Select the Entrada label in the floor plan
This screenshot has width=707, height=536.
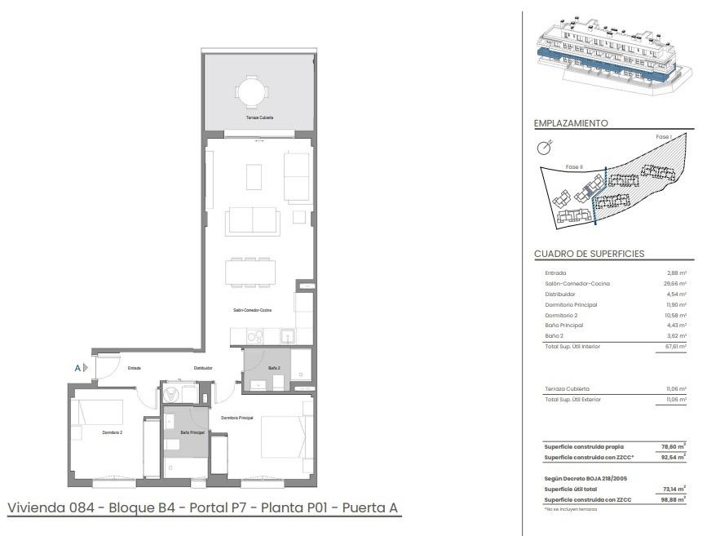point(135,368)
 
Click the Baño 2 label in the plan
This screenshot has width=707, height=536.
point(275,368)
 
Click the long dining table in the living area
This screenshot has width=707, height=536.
point(251,271)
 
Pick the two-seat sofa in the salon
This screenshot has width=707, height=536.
point(252,220)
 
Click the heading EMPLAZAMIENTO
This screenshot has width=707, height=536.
point(571,123)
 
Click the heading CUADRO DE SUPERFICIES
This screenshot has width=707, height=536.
point(589,254)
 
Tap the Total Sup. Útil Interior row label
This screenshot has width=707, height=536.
point(572,347)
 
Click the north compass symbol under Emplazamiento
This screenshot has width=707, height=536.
point(544,148)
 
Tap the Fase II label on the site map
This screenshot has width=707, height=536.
point(575,166)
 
